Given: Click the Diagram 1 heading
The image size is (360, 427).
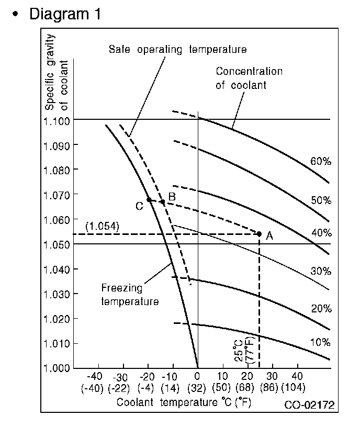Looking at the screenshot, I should pyautogui.click(x=65, y=14).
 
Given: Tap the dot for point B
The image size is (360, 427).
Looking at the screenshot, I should pyautogui.click(x=163, y=202).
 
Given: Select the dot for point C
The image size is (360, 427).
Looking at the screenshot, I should pyautogui.click(x=149, y=199).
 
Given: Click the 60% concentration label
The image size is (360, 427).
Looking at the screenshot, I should pyautogui.click(x=321, y=162).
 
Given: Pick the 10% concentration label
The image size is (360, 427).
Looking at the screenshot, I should pyautogui.click(x=321, y=343).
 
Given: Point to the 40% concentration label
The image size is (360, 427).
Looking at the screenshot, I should pyautogui.click(x=321, y=232).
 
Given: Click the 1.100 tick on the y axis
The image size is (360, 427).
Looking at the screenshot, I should pyautogui.click(x=57, y=120).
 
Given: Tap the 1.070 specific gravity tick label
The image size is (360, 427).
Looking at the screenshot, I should pyautogui.click(x=57, y=195).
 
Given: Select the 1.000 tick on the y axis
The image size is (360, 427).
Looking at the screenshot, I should pyautogui.click(x=57, y=368).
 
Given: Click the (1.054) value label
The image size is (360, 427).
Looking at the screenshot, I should pyautogui.click(x=102, y=226).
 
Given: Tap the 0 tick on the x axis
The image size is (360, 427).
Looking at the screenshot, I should pyautogui.click(x=197, y=376).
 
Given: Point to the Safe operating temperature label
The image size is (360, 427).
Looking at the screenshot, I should pyautogui.click(x=177, y=50).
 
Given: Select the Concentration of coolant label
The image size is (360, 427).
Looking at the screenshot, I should pyautogui.click(x=249, y=78).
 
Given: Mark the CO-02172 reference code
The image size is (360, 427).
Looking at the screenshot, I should pyautogui.click(x=309, y=404).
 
